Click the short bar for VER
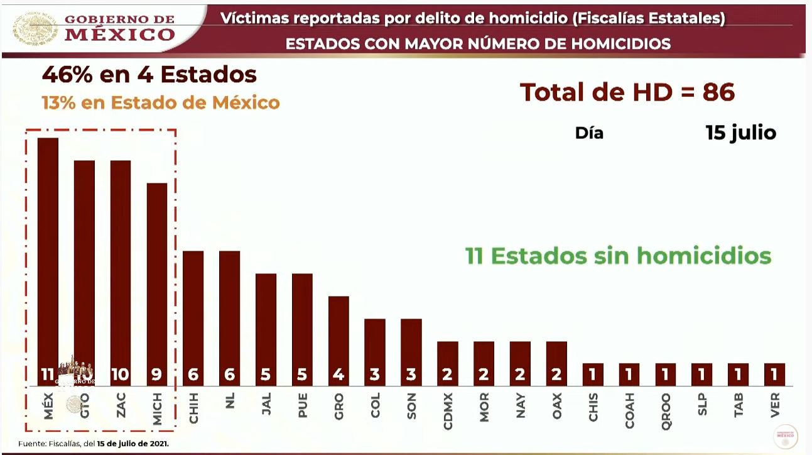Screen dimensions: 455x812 coord(774,375)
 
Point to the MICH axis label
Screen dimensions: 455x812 coord(158,409)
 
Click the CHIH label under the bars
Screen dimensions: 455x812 coord(193,409)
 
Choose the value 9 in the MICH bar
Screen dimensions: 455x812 coord(157,375)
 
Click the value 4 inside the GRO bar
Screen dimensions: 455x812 coord(338,375)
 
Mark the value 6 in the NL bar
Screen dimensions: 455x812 coord(230,375)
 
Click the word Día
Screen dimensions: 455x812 coord(589,133)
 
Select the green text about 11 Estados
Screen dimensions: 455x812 coord(618,256)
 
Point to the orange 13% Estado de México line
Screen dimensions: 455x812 coord(161,102)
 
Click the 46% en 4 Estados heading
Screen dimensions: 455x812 coord(149,75)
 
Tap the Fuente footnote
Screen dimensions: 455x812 coord(94,444)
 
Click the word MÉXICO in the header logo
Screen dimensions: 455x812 coord(120,34)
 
